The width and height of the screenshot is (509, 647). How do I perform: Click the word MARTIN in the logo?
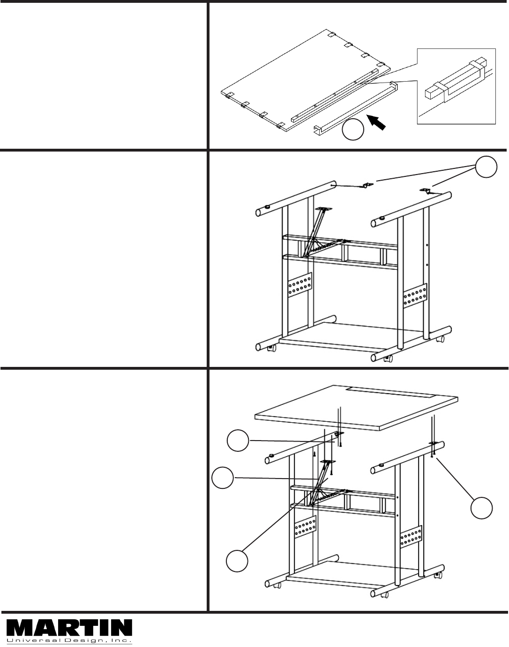pyautogui.click(x=69, y=626)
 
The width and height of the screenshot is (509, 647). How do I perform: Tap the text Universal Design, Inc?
pyautogui.click(x=69, y=640)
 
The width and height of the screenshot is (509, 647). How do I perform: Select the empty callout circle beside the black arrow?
pyautogui.click(x=353, y=129)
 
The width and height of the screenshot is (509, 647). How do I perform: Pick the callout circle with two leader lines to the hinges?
pyautogui.click(x=486, y=167)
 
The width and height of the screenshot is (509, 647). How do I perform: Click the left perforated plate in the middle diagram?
pyautogui.click(x=299, y=285)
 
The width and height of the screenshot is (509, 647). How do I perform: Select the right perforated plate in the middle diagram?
pyautogui.click(x=415, y=296)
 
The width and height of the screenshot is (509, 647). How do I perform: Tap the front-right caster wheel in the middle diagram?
pyautogui.click(x=388, y=358)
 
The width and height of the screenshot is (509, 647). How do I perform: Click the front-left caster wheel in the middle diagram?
pyautogui.click(x=272, y=348)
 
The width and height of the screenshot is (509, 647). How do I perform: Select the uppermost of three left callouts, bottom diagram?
pyautogui.click(x=238, y=441)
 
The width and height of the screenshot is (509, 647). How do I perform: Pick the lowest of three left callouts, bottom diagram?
pyautogui.click(x=237, y=561)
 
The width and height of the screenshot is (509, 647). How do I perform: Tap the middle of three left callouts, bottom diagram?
pyautogui.click(x=223, y=478)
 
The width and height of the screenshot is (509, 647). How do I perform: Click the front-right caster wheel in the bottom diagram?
pyautogui.click(x=385, y=595)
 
